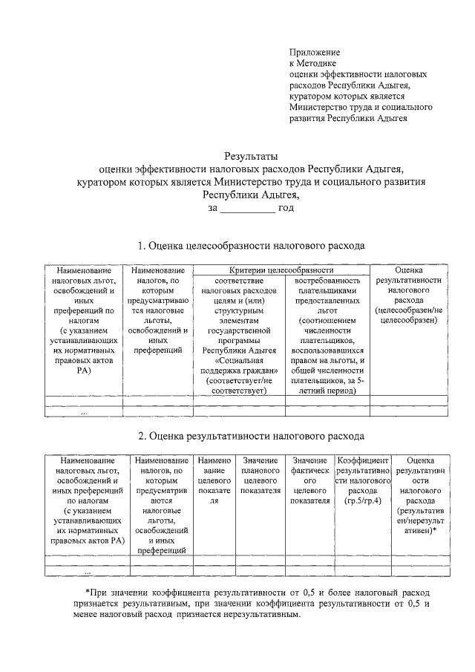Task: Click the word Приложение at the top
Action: pyautogui.click(x=314, y=53)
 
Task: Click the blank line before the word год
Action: pyautogui.click(x=247, y=208)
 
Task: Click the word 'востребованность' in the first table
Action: pyautogui.click(x=327, y=281)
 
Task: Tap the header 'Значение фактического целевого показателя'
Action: pyautogui.click(x=311, y=481)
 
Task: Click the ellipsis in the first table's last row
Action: pyautogui.click(x=84, y=411)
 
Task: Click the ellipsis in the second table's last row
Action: pyautogui.click(x=88, y=572)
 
